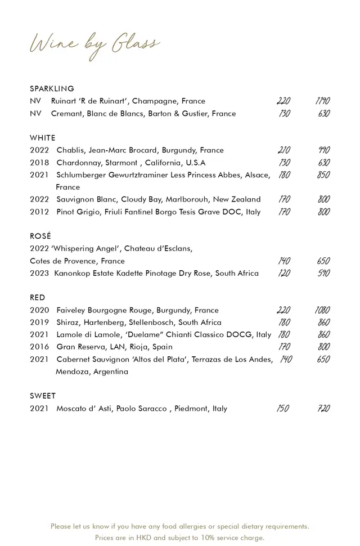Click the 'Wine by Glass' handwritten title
[94, 45]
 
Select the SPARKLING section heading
[52, 89]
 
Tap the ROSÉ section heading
[40, 236]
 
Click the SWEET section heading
[43, 396]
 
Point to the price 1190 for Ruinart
[322, 101]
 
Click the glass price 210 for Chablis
[284, 150]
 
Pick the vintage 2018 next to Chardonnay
[39, 163]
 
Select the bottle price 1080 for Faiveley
[322, 310]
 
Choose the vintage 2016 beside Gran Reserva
[39, 347]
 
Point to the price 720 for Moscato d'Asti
[323, 409]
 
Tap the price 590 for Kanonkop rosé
[323, 274]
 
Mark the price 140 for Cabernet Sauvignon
[285, 360]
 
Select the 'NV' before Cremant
[35, 114]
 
